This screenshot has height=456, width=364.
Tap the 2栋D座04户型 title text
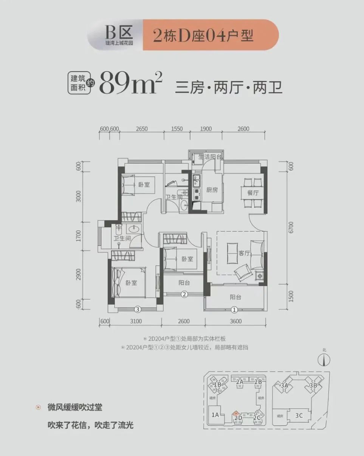point(203,35)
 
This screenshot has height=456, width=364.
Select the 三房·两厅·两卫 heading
point(229,87)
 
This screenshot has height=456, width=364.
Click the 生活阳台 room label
point(210,157)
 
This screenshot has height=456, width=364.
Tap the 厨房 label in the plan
point(212,190)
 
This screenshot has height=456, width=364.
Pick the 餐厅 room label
point(252,192)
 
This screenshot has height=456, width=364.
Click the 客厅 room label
point(245,254)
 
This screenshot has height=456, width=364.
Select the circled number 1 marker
point(234,310)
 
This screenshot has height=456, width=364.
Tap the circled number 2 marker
point(184,294)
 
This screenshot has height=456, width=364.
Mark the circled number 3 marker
point(138,310)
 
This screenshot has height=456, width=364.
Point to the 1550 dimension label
point(177,129)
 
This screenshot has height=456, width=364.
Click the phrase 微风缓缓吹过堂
point(75,408)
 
